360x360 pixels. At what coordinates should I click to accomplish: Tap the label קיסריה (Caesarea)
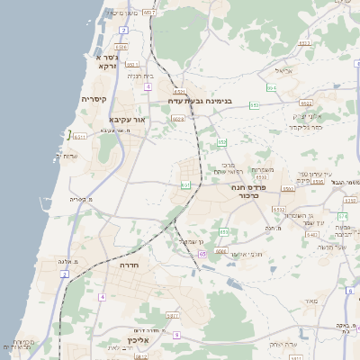click(x=94, y=99)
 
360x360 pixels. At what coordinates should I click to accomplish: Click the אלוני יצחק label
click(x=307, y=116)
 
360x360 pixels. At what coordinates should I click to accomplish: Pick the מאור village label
click(x=312, y=300)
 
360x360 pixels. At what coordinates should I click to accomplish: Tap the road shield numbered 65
click(x=202, y=255)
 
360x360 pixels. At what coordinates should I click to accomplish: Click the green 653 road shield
click(x=256, y=106)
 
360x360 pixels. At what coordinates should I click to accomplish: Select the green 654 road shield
click(x=271, y=88)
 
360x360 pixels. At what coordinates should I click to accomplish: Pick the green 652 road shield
click(x=221, y=142)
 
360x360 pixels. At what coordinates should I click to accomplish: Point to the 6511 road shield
click(x=80, y=137)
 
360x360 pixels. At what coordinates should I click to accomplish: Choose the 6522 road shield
click(x=306, y=103)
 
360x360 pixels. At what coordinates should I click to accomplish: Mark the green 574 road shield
click(x=343, y=216)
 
